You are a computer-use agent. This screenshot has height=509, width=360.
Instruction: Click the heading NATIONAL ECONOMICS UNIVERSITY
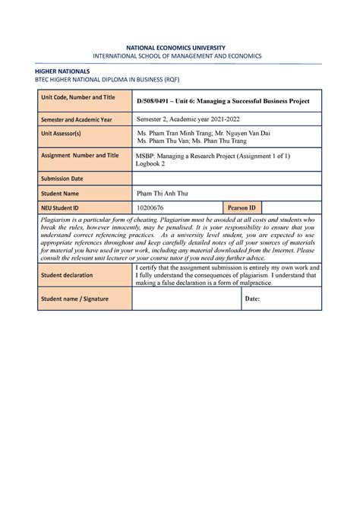pyautogui.click(x=179, y=46)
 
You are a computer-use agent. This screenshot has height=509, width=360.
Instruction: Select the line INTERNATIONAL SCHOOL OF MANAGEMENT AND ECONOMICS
pyautogui.click(x=179, y=56)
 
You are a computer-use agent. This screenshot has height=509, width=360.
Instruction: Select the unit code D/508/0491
pyautogui.click(x=156, y=101)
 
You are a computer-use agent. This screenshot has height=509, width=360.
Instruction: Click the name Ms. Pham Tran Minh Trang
pyautogui.click(x=175, y=132)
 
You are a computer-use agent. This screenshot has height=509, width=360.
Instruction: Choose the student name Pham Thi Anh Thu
pyautogui.click(x=162, y=194)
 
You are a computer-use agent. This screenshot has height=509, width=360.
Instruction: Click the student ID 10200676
pyautogui.click(x=150, y=207)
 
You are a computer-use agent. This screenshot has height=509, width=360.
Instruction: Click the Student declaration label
pyautogui.click(x=68, y=275)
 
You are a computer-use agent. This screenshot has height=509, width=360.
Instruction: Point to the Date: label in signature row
pyautogui.click(x=252, y=299)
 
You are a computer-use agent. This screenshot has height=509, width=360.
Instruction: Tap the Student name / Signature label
pyautogui.click(x=74, y=299)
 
